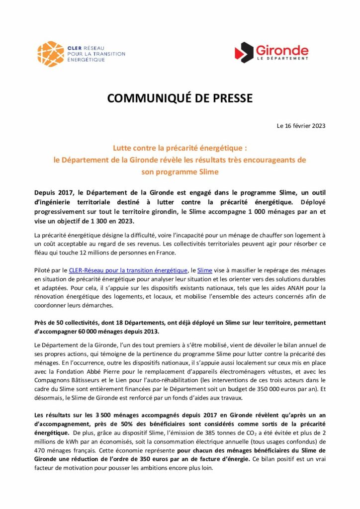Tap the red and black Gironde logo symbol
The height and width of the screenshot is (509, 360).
point(244,52)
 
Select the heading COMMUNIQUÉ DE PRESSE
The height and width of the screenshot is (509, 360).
point(180,98)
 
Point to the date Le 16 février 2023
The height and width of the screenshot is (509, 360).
point(301,126)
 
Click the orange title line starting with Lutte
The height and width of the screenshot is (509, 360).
point(180,148)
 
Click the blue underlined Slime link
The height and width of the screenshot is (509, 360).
point(205,270)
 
